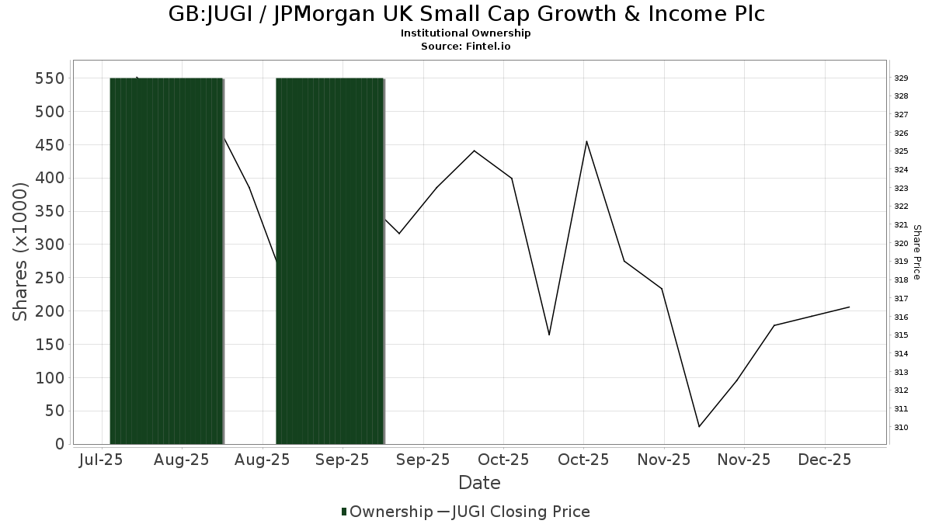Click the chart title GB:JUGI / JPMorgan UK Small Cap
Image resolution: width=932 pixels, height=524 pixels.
point(466,14)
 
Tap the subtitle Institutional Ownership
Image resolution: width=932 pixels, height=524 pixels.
point(466,33)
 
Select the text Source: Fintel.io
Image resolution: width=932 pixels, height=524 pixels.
point(466,47)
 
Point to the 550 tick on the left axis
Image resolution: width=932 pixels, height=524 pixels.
point(49,78)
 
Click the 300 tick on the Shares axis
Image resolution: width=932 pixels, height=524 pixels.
point(49,245)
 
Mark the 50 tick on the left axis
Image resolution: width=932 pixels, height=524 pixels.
point(54,411)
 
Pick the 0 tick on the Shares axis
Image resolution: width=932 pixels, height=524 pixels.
point(58,444)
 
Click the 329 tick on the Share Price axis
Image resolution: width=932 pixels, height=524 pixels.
point(901,78)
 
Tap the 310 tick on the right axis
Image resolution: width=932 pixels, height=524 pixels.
point(901,427)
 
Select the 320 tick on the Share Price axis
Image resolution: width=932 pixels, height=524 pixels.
point(901,243)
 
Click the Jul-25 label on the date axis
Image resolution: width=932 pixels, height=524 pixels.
point(102,460)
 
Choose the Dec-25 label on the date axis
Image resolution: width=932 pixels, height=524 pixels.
point(825,460)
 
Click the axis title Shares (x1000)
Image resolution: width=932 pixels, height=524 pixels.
point(21,252)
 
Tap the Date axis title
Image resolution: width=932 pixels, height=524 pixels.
point(479,483)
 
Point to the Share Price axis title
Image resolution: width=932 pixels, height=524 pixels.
point(916,252)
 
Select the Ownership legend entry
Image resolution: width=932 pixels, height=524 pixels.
point(387,512)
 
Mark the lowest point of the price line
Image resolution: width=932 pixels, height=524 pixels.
point(700,426)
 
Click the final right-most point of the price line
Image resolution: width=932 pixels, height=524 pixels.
point(849,307)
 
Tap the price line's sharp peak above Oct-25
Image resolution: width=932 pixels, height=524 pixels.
point(586,141)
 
